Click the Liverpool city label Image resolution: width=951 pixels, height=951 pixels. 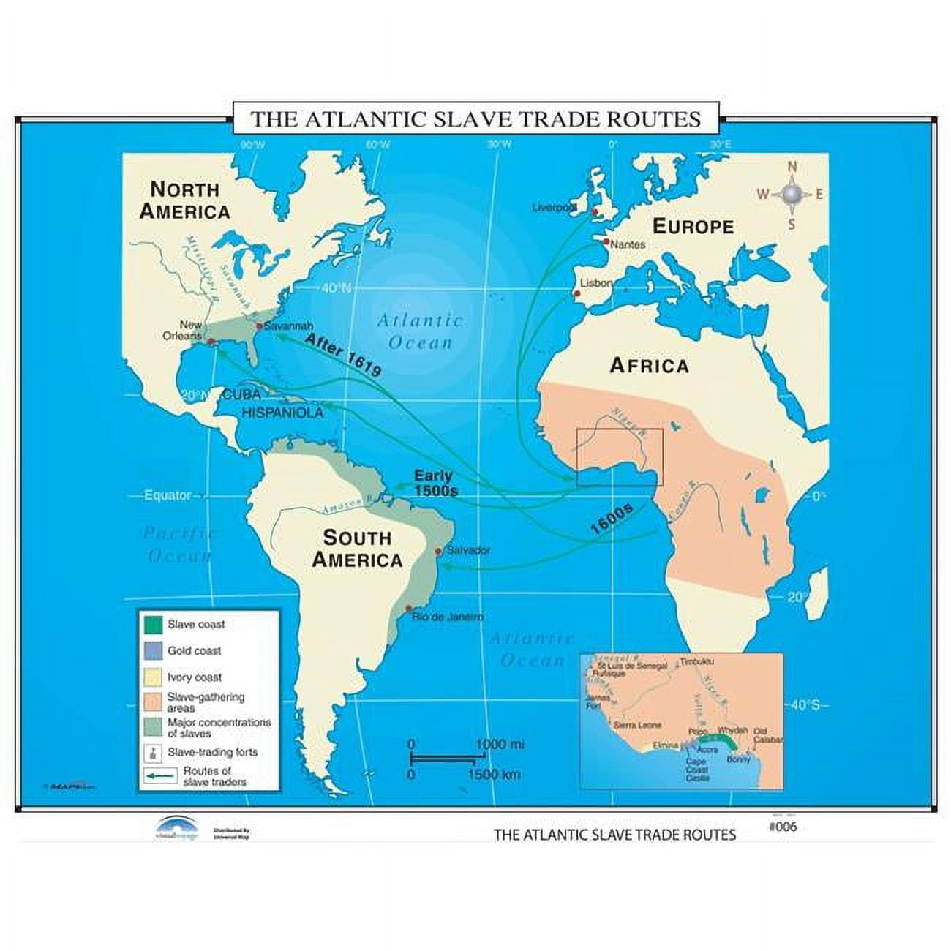click(x=554, y=208)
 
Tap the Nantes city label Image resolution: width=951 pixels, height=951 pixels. click(x=627, y=244)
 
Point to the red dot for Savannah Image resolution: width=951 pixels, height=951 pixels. click(x=258, y=326)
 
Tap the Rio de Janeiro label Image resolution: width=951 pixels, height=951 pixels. click(x=448, y=617)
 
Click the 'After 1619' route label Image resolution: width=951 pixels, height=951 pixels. click(x=343, y=355)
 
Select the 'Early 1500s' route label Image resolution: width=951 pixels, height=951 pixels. click(x=435, y=484)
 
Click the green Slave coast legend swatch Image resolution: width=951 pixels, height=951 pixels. click(x=152, y=625)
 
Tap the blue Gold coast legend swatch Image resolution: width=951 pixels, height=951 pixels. click(x=152, y=650)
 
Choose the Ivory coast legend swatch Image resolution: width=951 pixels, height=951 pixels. click(x=152, y=677)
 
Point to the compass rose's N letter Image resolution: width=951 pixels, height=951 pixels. click(x=792, y=168)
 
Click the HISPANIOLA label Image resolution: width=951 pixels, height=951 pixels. click(x=282, y=413)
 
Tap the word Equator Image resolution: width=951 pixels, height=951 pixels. click(x=168, y=495)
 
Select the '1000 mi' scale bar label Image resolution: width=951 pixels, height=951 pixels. click(x=500, y=745)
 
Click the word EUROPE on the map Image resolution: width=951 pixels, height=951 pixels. click(x=693, y=226)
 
